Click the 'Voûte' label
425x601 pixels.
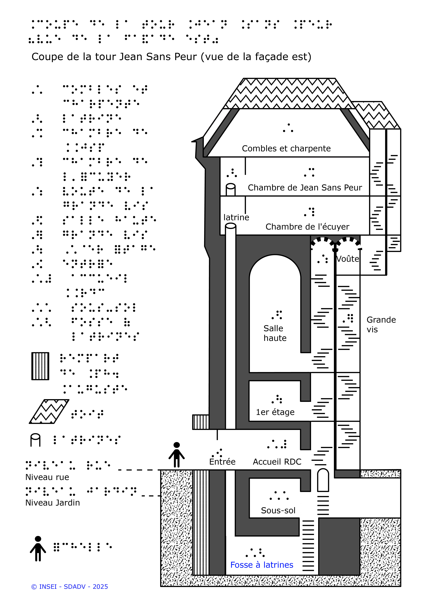[x=348, y=259]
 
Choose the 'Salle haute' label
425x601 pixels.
[x=275, y=333]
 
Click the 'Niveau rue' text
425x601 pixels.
[x=47, y=477]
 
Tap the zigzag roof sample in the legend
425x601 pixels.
[x=49, y=412]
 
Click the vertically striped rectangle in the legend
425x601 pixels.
[x=40, y=366]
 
